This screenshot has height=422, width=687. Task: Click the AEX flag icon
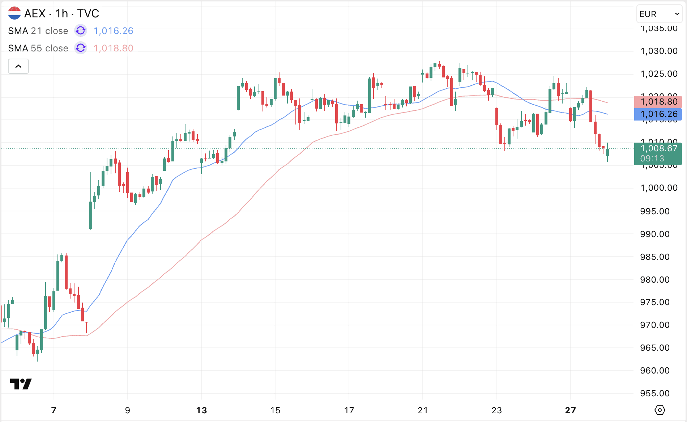[14, 13]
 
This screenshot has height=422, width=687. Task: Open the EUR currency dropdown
[659, 14]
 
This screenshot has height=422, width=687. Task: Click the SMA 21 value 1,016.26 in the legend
[113, 31]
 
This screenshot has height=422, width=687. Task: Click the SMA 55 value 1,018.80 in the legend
[113, 48]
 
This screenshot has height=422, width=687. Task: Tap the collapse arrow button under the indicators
[18, 66]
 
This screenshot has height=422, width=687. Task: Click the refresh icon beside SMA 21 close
[81, 31]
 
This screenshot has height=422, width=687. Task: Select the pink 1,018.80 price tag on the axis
[658, 102]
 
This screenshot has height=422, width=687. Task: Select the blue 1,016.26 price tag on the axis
[658, 114]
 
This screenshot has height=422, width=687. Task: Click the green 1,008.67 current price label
[658, 149]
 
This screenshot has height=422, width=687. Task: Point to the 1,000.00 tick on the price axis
[658, 188]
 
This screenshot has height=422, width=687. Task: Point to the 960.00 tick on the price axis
[654, 371]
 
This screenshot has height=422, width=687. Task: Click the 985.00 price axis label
[654, 257]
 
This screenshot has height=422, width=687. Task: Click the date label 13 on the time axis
[201, 410]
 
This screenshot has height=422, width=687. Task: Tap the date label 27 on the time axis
[570, 410]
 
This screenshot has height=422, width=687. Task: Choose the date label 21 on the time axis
[422, 410]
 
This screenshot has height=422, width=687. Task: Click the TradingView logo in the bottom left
[21, 384]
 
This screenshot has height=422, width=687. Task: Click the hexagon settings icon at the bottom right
[660, 410]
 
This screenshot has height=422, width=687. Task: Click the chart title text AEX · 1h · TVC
[61, 13]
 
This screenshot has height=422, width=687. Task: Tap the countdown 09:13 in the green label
[652, 159]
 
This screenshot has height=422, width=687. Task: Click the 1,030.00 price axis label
[658, 51]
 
